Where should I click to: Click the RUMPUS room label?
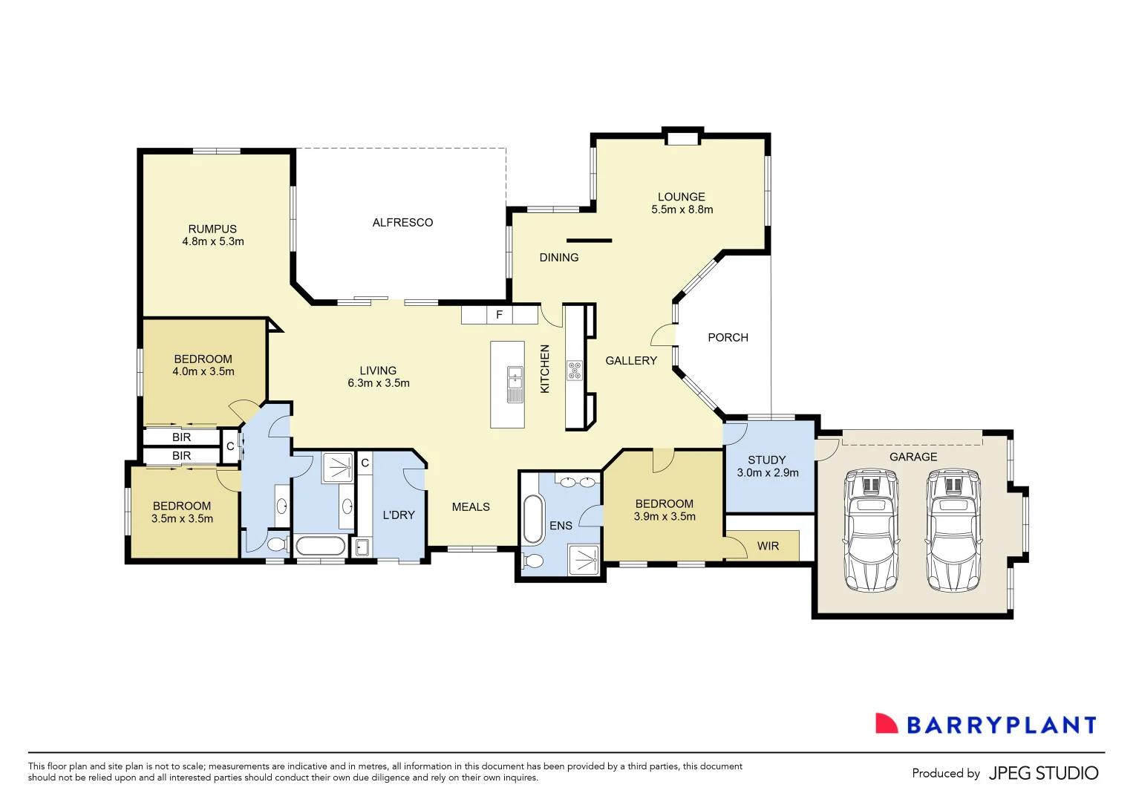point(212,229)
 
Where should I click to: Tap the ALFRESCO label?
point(402,222)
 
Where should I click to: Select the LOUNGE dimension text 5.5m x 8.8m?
point(682,209)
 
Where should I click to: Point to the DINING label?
point(558,257)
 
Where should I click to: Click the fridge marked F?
point(499,315)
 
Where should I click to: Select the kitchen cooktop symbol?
point(575,370)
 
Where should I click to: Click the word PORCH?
point(728,337)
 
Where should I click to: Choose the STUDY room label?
point(766,460)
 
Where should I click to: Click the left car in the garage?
point(871,530)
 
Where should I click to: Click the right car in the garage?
point(953,530)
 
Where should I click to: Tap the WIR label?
point(768,546)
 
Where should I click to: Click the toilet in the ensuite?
point(532,561)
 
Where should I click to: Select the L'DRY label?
point(399,515)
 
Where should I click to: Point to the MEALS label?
point(471,506)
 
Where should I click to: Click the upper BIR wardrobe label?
point(181,437)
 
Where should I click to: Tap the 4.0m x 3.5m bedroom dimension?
point(203,371)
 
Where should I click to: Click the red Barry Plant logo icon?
point(886,724)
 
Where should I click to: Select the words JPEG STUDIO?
point(1043,773)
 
